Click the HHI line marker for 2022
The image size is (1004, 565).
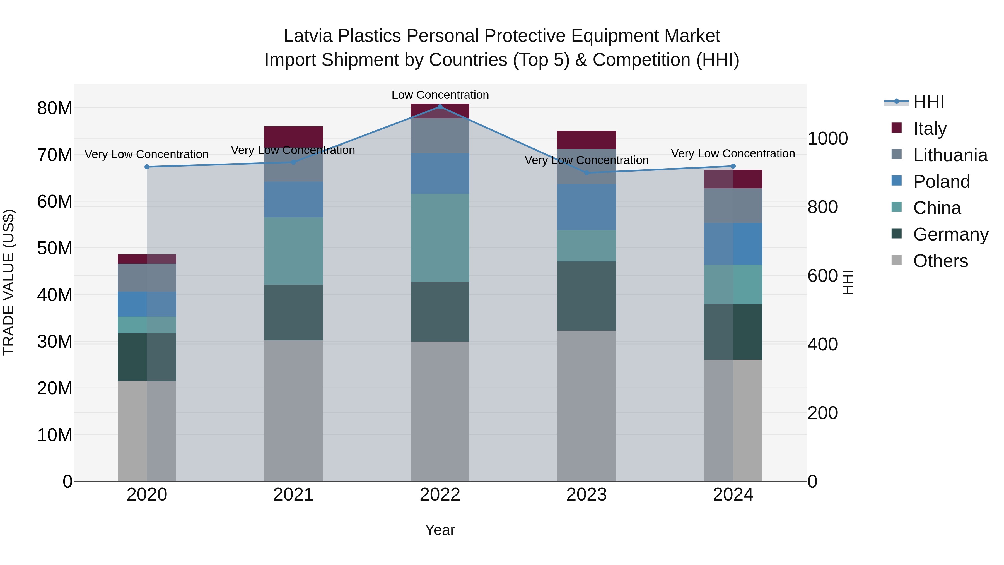point(440,107)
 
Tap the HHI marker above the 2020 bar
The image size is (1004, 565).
point(147,167)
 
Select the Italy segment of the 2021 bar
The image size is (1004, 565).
point(293,136)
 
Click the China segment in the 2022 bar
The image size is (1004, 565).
point(440,237)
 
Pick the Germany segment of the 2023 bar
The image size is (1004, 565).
point(587,296)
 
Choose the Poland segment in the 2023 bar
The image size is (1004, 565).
point(587,207)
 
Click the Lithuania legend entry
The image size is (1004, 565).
point(950,155)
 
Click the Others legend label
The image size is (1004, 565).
point(940,261)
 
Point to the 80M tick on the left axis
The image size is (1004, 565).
point(55,108)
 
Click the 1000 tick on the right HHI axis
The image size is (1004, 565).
point(827,138)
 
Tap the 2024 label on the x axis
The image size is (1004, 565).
point(733,495)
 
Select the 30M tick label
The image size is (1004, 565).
point(55,342)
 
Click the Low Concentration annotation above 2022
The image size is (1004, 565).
point(440,95)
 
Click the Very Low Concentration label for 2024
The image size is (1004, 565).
point(733,154)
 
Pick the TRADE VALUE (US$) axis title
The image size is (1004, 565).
point(9,282)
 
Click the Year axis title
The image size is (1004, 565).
point(440,530)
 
